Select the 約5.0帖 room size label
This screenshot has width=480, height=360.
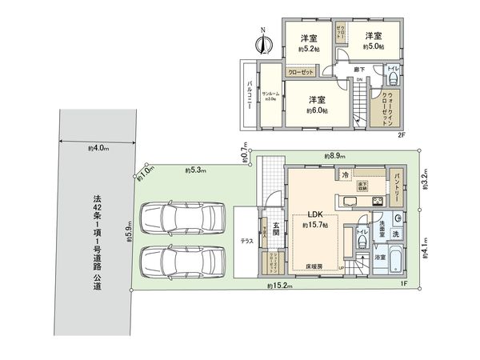(373, 46)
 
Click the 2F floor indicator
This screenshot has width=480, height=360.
(402, 134)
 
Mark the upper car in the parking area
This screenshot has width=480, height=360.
(170, 218)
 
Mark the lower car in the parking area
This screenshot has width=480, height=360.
(170, 260)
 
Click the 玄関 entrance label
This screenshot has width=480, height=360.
(274, 229)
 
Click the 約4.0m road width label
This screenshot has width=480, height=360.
(98, 149)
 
